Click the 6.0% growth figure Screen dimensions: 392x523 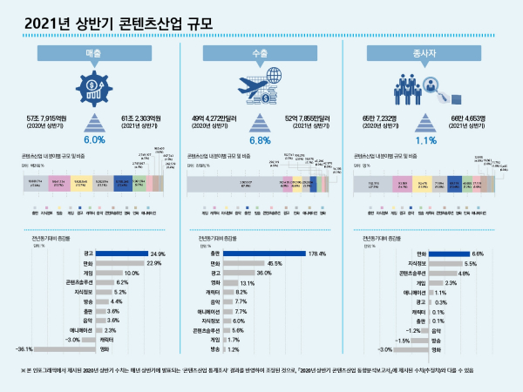coord(95,139)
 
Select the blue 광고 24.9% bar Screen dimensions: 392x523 coord(124,253)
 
